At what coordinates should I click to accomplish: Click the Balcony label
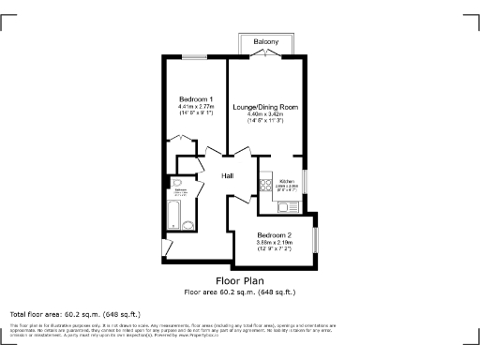[x=265, y=42]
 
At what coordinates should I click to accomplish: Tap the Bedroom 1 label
[x=197, y=99]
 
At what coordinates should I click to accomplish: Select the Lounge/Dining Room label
[x=265, y=106]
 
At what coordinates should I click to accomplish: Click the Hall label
[x=228, y=175]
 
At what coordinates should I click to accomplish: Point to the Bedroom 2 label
[x=275, y=233]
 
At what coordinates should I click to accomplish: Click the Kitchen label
[x=288, y=180]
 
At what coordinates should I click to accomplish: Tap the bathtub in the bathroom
[x=173, y=216]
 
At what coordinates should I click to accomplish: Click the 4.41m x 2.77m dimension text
[x=197, y=108]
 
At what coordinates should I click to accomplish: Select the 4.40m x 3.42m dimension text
[x=265, y=114]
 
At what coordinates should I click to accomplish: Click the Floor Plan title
[x=239, y=280]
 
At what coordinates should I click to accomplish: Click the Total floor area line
[x=75, y=313]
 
